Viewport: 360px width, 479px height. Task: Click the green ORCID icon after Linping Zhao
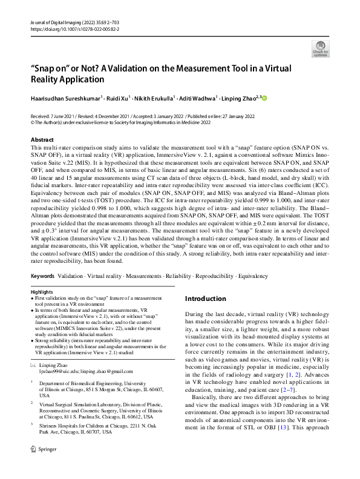(264, 97)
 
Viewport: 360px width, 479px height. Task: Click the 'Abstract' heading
(42, 139)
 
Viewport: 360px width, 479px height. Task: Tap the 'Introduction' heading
(206, 299)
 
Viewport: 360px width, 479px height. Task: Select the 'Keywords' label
(42, 276)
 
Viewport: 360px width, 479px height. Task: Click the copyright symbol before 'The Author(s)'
(33, 121)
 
